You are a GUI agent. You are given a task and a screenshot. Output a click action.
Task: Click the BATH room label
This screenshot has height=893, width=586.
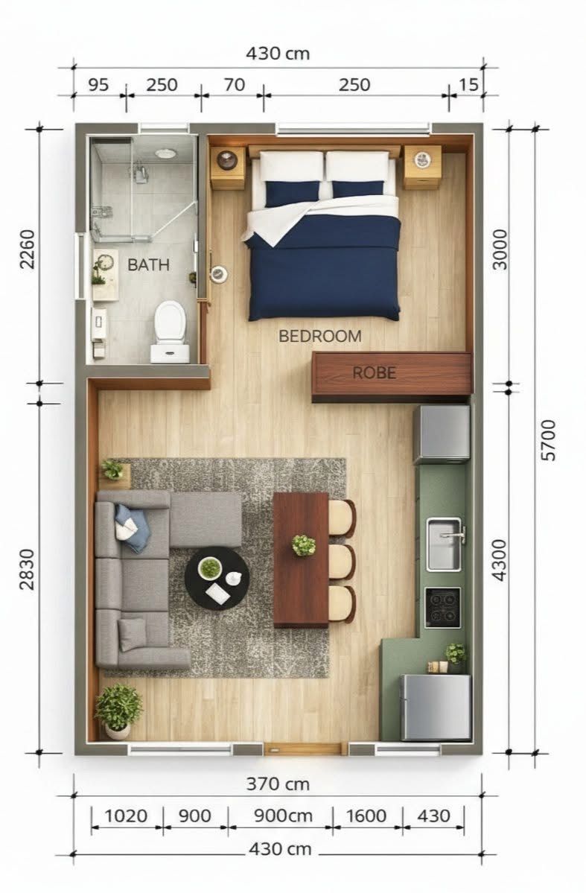pos(148,265)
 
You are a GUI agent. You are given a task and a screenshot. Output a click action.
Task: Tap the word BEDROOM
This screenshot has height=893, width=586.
pos(319,336)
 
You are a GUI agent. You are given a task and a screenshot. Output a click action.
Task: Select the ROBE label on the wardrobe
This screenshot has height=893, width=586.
pos(374,372)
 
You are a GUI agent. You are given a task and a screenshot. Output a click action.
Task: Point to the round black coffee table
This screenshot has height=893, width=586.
pos(217,579)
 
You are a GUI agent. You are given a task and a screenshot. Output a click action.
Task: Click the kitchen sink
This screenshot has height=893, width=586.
pos(445,544)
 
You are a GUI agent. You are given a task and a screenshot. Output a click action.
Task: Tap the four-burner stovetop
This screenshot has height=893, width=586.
pos(442,608)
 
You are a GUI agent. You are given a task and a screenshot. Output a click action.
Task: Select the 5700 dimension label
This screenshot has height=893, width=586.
pos(548,439)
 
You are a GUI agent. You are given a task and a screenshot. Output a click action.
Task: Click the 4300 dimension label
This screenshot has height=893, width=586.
pos(499,560)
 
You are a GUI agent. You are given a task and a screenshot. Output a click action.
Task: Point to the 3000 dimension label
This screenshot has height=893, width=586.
pos(500,250)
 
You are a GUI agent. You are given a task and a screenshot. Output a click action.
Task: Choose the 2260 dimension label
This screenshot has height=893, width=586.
pos(28,250)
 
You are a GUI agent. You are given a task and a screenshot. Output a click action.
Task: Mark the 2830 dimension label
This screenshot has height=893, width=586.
pos(27,570)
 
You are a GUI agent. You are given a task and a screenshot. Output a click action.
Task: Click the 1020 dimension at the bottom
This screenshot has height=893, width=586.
pos(126,816)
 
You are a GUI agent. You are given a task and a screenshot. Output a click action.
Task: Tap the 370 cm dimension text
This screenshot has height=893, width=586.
pos(278,784)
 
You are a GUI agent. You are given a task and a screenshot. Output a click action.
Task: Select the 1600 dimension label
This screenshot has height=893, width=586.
pos(366,816)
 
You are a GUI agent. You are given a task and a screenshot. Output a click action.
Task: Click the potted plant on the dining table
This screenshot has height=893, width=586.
pos(304,545)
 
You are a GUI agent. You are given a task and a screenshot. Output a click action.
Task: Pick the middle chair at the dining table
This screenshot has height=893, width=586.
pos(343,562)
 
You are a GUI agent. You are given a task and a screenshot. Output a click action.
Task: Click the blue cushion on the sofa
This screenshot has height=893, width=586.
pos(132,528)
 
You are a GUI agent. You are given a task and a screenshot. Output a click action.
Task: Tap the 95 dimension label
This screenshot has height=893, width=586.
pos(98,85)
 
